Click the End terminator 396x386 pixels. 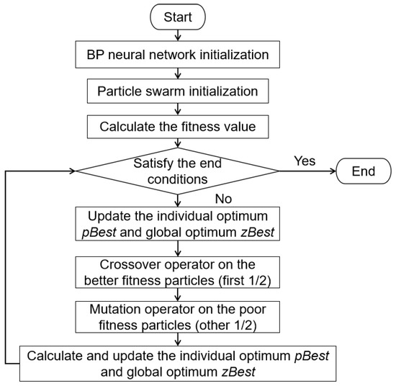click(362, 171)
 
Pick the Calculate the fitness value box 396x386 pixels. click(178, 128)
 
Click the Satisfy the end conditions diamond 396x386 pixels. click(178, 171)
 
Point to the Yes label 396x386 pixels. click(305, 161)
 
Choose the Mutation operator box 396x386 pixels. click(178, 317)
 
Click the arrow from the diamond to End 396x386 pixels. click(307, 171)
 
